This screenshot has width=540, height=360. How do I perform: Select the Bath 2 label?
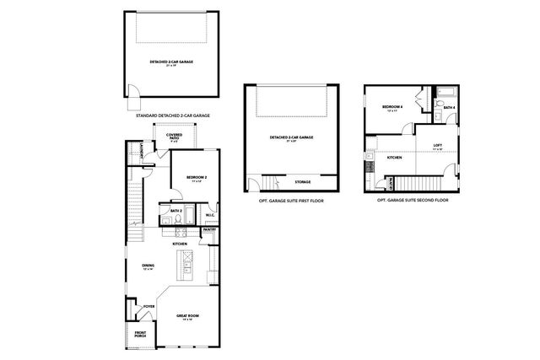(175, 211)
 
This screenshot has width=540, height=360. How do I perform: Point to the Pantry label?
(209, 229)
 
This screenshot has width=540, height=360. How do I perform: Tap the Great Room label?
(185, 317)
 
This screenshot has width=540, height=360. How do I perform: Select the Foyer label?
(148, 306)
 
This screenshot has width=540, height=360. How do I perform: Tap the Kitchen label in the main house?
(180, 244)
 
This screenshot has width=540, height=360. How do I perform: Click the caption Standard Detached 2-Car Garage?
(172, 114)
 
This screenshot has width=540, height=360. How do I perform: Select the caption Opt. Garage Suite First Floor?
(291, 201)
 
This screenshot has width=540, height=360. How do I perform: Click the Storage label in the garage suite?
(302, 181)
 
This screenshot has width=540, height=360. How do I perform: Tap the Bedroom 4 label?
(392, 108)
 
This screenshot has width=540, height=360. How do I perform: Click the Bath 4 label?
(450, 108)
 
